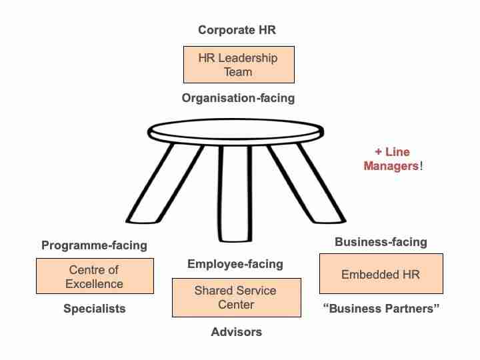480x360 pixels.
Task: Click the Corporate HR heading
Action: [237, 30]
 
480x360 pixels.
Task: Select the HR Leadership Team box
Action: [239, 65]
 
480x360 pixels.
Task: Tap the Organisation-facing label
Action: [238, 98]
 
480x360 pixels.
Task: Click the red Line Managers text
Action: [393, 159]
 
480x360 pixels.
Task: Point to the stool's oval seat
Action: [235, 131]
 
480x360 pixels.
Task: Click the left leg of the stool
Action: [165, 183]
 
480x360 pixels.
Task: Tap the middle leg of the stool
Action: [235, 193]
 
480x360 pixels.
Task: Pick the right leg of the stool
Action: [306, 183]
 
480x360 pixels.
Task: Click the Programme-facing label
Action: [94, 245]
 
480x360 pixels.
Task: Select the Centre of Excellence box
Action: [95, 276]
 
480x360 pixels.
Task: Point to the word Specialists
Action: [95, 309]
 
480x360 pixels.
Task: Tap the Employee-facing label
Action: [235, 264]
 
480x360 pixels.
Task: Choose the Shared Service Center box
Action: [236, 297]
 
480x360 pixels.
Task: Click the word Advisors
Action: [236, 332]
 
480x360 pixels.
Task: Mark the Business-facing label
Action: [381, 242]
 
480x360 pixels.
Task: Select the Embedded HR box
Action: [381, 274]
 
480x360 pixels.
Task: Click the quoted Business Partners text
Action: [381, 309]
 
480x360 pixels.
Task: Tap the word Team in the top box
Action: [238, 72]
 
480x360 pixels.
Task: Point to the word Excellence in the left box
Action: [94, 284]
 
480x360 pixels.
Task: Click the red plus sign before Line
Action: [379, 152]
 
